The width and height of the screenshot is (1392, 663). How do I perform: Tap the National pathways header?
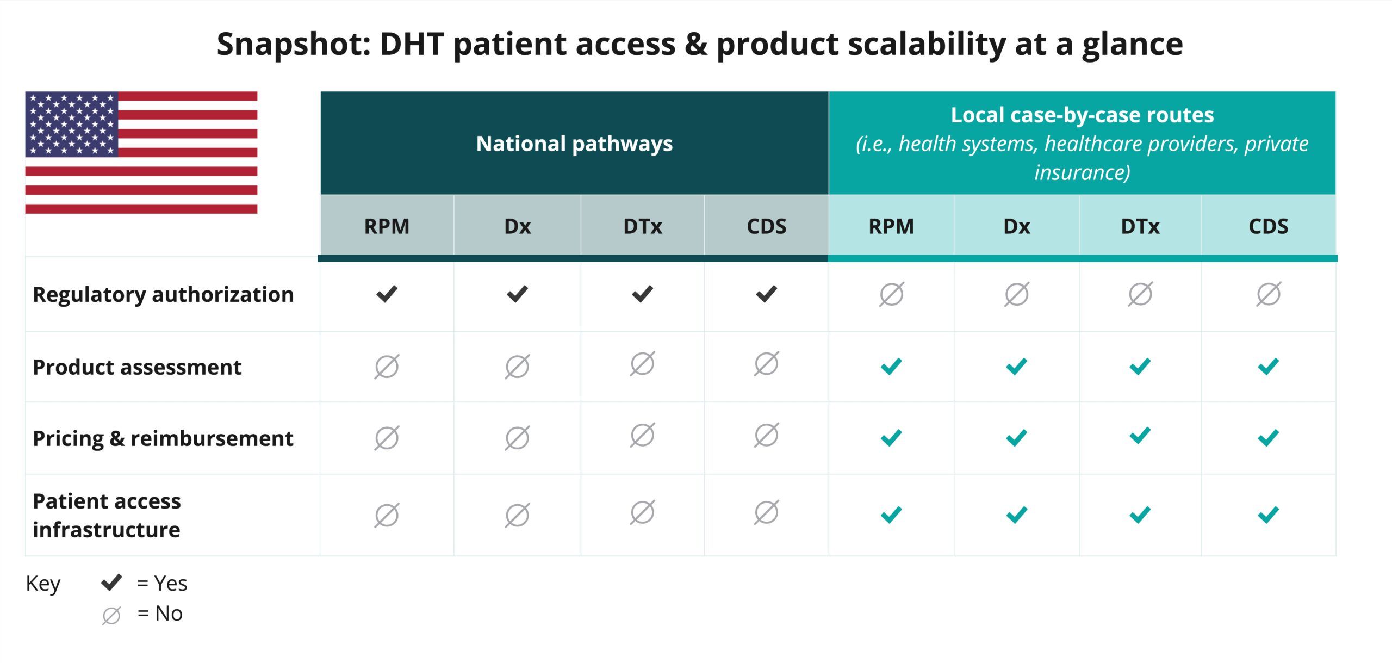point(574,144)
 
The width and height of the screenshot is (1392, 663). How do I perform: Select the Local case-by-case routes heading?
point(1082,115)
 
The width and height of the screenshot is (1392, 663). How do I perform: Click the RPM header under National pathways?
point(387,226)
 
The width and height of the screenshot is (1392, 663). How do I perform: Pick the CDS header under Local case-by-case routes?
point(1268,226)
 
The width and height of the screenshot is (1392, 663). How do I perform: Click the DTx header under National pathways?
point(642,226)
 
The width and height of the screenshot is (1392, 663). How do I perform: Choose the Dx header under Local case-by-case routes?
point(1016,226)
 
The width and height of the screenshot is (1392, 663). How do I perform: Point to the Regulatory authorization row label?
point(163,295)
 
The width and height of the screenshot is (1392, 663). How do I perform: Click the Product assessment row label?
point(137,367)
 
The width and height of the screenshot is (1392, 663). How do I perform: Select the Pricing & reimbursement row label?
point(163,438)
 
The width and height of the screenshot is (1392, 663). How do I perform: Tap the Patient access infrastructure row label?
point(107,515)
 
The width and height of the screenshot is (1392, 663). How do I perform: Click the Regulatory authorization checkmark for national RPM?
point(387,294)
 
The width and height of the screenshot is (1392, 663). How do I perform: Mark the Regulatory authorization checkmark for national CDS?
point(766,294)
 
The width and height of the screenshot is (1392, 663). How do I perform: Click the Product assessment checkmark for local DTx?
point(1140,367)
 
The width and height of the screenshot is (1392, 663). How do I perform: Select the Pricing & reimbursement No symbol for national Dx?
point(517,438)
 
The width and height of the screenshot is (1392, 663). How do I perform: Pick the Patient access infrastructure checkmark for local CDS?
point(1268,515)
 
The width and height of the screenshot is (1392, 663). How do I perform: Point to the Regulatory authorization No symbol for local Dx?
point(1016,294)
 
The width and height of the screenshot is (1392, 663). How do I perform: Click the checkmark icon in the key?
point(111,583)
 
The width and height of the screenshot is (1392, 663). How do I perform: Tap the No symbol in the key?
point(111,615)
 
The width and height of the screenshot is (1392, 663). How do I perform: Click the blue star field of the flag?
point(72,124)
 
